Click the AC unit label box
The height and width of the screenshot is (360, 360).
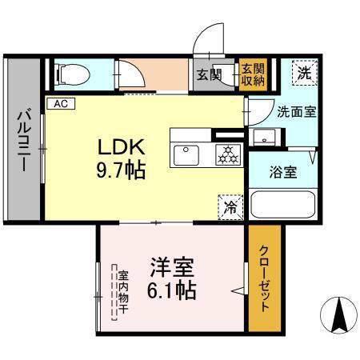point(61,103)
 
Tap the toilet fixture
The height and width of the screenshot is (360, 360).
point(73,74)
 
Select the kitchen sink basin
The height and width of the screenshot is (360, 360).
point(186,155)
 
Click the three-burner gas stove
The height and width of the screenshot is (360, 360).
point(228,155)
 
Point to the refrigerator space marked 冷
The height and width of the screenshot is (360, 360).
point(230,207)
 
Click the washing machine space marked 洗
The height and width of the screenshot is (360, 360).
point(305,73)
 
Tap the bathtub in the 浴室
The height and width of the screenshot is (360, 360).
point(283,204)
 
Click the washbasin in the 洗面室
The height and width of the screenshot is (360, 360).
point(265,137)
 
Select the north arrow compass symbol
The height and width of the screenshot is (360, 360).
point(338,315)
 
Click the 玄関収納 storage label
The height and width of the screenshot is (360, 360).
point(253,75)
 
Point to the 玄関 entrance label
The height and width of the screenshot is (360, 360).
point(210,75)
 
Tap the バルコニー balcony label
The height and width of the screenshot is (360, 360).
point(25,140)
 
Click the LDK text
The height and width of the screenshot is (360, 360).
point(122,147)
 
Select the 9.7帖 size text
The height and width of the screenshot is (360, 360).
point(121,170)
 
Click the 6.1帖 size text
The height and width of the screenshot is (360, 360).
point(172,290)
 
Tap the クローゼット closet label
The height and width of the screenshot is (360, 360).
point(264,278)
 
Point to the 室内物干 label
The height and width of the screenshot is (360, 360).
point(123,292)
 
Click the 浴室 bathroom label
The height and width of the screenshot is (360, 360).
point(283,172)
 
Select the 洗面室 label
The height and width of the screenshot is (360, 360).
point(297,112)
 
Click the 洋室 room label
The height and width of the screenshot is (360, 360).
point(172,267)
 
